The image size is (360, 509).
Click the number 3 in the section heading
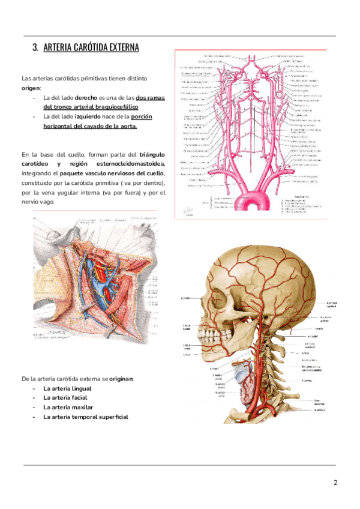(35, 47)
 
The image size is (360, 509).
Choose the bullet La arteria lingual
(67, 389)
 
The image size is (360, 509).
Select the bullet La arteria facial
(65, 398)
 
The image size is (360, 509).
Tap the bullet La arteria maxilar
(67, 408)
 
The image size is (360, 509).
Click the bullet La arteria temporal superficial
(85, 417)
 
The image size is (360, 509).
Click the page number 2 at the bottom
(335, 483)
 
